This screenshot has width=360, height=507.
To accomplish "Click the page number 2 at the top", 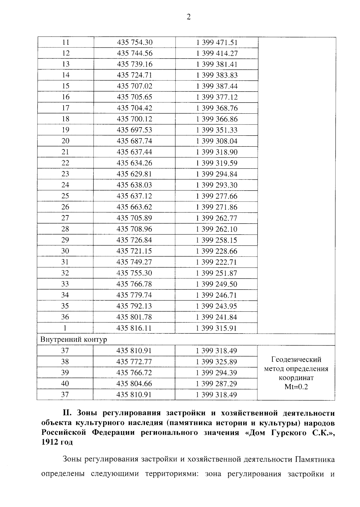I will point(188,17).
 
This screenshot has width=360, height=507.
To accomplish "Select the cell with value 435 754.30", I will point(134,42).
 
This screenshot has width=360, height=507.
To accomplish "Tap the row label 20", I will point(65,141).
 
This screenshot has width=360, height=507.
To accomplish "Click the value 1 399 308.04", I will point(217,141).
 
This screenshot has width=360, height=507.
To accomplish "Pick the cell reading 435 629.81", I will point(134,174).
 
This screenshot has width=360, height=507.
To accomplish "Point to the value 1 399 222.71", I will point(217,262).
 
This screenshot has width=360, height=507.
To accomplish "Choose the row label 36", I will point(65,317).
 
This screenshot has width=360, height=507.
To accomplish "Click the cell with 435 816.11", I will point(134,328).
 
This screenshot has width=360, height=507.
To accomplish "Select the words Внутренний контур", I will point(73,340).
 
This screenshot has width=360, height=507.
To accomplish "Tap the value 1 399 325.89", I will point(217,361).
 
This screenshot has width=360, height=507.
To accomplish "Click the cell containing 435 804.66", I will point(134,383).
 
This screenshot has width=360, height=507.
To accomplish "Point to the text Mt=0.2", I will point(296,387).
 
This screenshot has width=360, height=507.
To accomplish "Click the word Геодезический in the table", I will point(296,359).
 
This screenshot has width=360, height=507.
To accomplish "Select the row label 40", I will point(65,383).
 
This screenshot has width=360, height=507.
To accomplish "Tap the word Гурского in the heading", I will point(286,433).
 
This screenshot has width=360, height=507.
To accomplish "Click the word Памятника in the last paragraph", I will point(315,459).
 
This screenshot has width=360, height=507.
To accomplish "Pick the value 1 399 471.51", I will point(217,42).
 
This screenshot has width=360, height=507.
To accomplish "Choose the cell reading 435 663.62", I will point(134,207).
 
